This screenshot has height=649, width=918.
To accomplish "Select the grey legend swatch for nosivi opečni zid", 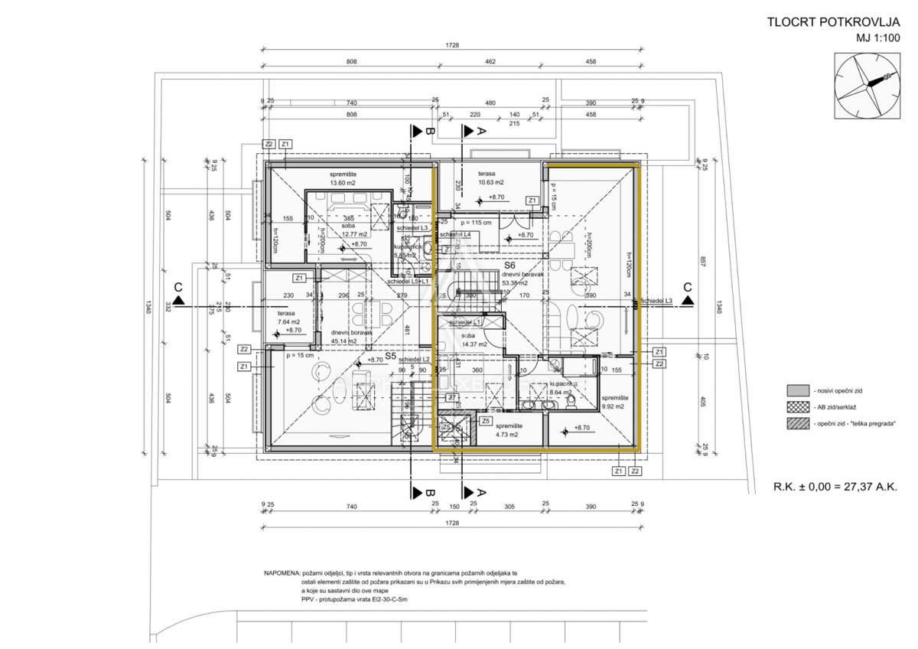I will pos(797,390).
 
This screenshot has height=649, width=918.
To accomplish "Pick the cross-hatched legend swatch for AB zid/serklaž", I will pos(797,407).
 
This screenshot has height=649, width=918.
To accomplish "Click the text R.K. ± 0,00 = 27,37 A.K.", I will pos(835,486).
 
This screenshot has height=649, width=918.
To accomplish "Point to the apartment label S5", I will pos(389,356).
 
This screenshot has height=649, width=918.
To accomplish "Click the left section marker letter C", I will pos(178,288).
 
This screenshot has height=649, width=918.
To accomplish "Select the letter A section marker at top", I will pos(481,132).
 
